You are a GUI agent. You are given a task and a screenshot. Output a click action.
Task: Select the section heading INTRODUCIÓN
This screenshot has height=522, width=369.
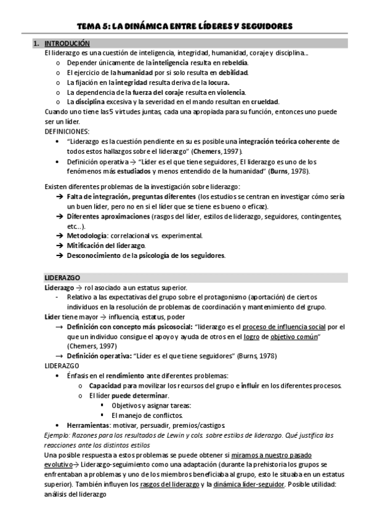coord(68,44)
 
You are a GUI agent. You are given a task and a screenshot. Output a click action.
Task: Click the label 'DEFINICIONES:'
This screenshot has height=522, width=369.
coord(67,131)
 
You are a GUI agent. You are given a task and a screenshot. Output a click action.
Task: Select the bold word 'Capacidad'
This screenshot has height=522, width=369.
coord(105,385)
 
